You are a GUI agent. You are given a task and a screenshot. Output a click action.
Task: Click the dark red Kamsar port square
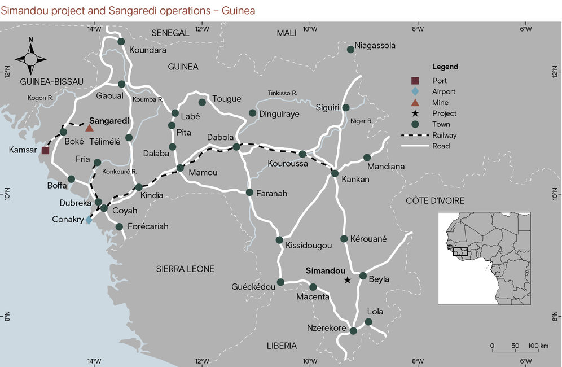click(46, 150)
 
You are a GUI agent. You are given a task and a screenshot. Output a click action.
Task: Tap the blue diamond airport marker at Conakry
click(89, 220)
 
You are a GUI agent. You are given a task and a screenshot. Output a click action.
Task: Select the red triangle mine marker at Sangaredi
click(89, 128)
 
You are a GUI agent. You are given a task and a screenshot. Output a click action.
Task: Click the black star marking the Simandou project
click(348, 280)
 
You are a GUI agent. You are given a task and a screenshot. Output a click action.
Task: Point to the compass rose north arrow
click(32, 56)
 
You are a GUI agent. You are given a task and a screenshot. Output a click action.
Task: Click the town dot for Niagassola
click(350, 50)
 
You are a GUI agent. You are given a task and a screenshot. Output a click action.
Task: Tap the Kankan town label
click(355, 180)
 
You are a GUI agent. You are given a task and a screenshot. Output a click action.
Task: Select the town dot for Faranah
click(249, 193)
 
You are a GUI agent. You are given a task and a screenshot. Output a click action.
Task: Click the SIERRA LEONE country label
click(185, 269)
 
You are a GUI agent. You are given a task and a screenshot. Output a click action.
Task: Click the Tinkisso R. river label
click(283, 93)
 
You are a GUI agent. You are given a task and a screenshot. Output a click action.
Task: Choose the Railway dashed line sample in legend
click(415, 136)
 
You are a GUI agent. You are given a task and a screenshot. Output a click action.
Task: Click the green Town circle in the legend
click(415, 124)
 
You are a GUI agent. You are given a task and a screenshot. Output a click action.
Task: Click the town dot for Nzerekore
click(353, 331)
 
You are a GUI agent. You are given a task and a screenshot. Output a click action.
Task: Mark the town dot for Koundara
click(121, 41)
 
